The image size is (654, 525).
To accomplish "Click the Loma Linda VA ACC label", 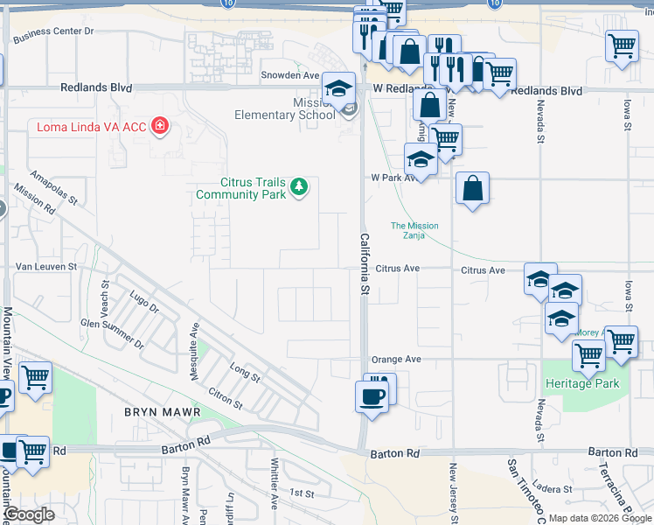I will pyautogui.click(x=92, y=127).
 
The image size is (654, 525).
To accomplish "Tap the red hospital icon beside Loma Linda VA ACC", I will pyautogui.click(x=160, y=127).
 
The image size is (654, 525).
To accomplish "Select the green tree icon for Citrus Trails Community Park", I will pyautogui.click(x=299, y=186).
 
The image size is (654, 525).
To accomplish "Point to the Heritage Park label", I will pyautogui.click(x=581, y=383).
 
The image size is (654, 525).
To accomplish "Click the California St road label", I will pyautogui.click(x=364, y=263).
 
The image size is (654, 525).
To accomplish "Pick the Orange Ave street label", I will pyautogui.click(x=396, y=360).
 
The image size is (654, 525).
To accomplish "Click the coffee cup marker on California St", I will pyautogui.click(x=371, y=396).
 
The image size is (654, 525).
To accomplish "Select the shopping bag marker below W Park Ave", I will pyautogui.click(x=472, y=188).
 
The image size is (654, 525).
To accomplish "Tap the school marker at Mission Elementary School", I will pyautogui.click(x=339, y=88).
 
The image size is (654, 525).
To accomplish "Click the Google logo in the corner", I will pyautogui.click(x=30, y=515).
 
